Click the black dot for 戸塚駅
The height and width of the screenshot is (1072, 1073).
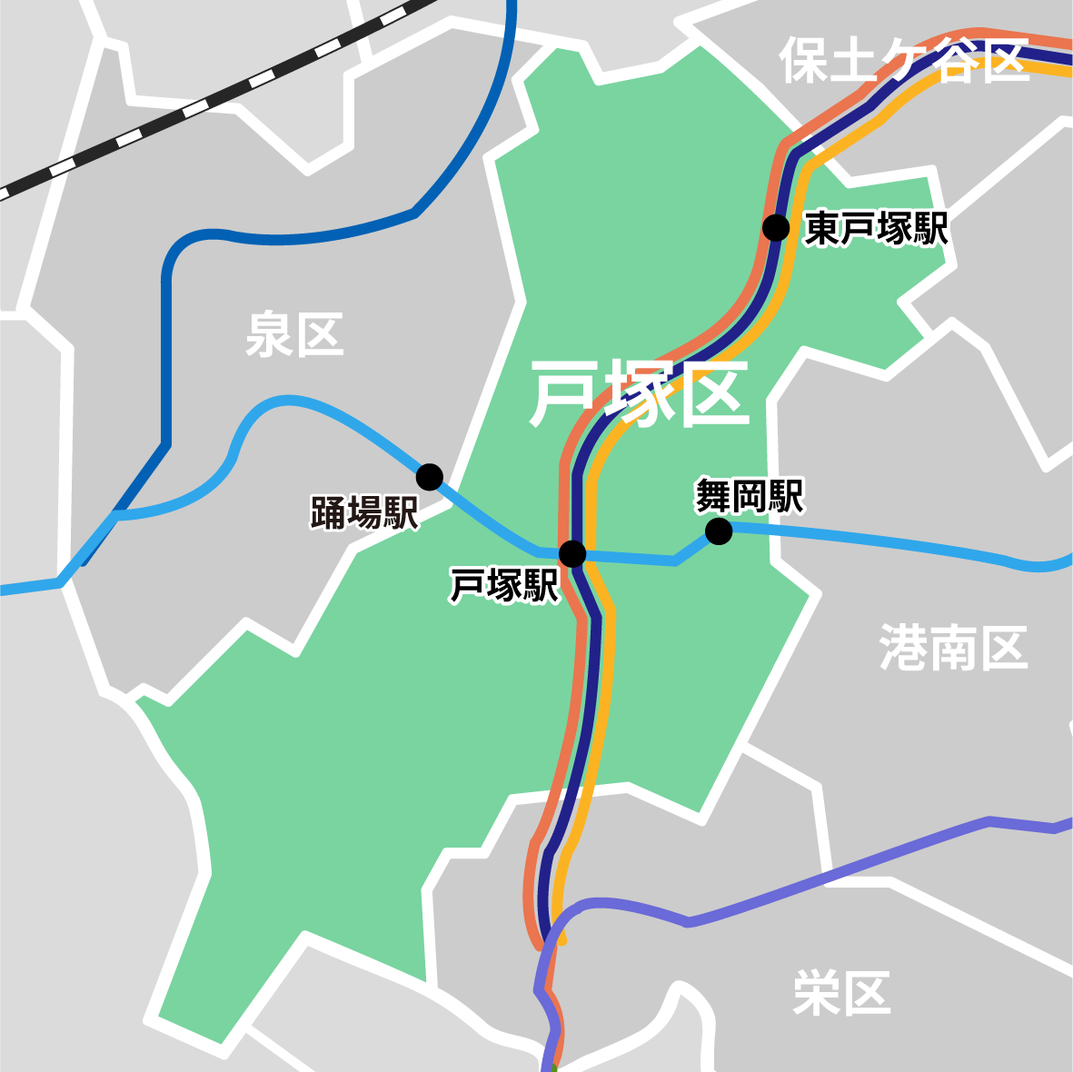coord(572,553)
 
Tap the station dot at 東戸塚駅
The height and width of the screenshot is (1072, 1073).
coord(776,227)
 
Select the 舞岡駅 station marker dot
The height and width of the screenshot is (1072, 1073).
coord(719,531)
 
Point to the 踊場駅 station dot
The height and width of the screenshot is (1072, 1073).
coord(429,476)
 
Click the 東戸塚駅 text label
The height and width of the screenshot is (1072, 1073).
coord(876,228)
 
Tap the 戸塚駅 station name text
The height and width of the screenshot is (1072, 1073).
coord(504,586)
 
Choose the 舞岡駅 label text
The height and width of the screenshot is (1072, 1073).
coord(750,496)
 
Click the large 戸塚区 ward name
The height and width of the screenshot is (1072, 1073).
coord(640,393)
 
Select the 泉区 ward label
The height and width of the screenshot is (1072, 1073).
coord(293,334)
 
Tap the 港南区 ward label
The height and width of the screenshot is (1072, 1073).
coord(953,648)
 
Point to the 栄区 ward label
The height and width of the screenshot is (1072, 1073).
coord(840,993)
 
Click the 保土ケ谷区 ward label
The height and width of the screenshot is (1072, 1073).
coord(904,62)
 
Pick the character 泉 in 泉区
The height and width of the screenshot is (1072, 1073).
coord(268,334)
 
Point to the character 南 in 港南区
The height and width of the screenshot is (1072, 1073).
coord(953,648)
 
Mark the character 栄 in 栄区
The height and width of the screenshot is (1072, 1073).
coord(816,993)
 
